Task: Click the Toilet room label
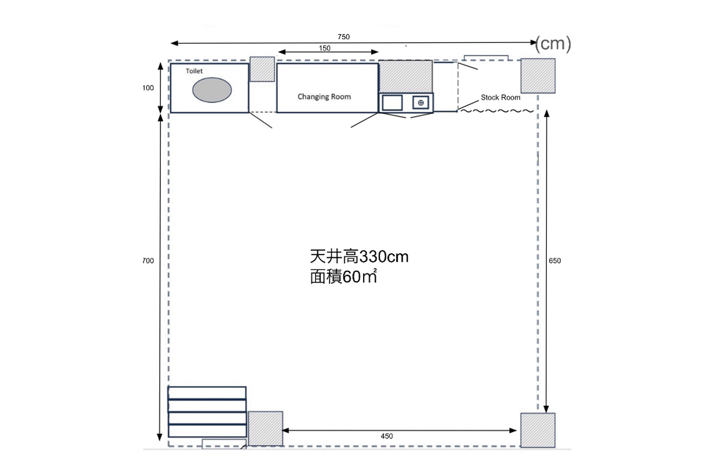[194, 71]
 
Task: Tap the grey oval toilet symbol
[212, 90]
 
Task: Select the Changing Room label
[324, 97]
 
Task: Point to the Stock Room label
[500, 98]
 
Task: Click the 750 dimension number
[344, 37]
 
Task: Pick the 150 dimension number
[325, 48]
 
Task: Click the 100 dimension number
[148, 88]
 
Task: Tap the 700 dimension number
[148, 261]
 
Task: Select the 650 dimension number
[555, 261]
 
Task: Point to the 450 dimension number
[387, 436]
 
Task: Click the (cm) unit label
[553, 44]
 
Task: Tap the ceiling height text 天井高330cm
[359, 257]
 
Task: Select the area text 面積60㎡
[344, 276]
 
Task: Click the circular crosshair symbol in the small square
[421, 103]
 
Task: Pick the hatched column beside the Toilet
[262, 69]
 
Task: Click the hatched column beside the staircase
[265, 429]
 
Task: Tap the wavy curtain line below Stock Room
[497, 111]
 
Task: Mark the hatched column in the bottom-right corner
[538, 430]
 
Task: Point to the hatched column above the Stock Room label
[538, 76]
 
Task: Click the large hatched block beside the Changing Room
[406, 77]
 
